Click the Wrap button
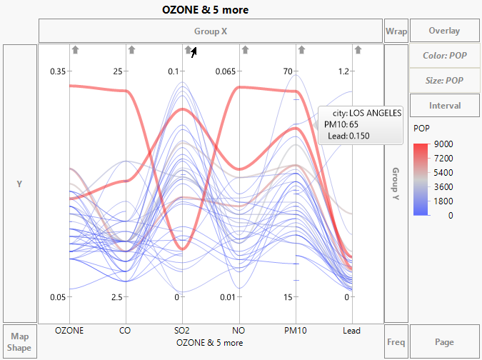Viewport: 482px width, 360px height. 396,31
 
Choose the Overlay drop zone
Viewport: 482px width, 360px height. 444,31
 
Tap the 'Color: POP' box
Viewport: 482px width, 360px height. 444,56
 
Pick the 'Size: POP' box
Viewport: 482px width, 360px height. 444,81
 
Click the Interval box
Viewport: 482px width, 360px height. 444,106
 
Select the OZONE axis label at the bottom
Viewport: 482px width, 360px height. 69,331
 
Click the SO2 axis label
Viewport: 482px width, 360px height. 182,331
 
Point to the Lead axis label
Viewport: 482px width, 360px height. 351,331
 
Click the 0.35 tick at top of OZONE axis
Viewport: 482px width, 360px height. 57,71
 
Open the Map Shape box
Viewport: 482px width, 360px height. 20,341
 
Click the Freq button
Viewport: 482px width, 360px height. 396,341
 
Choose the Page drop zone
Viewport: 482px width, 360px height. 444,341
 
